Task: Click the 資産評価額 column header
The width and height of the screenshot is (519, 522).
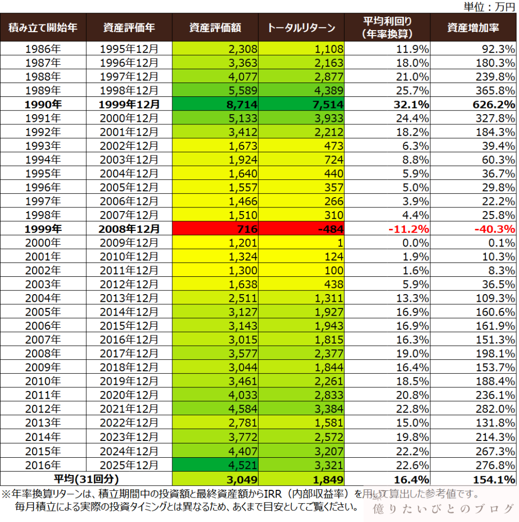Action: pyautogui.click(x=215, y=28)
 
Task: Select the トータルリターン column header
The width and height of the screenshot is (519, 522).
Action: pyautogui.click(x=301, y=28)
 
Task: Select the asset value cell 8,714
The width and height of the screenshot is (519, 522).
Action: pyautogui.click(x=215, y=104)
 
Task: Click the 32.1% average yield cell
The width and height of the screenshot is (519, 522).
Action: pyautogui.click(x=387, y=104)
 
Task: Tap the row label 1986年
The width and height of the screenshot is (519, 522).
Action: pyautogui.click(x=43, y=48)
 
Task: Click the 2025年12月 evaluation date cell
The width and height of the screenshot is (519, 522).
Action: pyautogui.click(x=129, y=465)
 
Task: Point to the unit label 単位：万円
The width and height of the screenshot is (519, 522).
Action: pyautogui.click(x=489, y=6)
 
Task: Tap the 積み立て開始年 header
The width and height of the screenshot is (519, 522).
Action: pyautogui.click(x=43, y=28)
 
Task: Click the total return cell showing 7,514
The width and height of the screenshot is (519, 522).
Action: pyautogui.click(x=301, y=104)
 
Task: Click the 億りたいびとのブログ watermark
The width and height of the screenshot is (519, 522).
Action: pyautogui.click(x=443, y=508)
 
